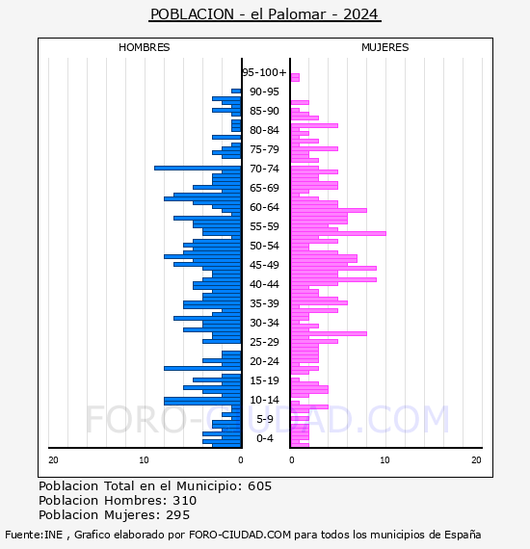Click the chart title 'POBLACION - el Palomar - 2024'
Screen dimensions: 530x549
coord(265,14)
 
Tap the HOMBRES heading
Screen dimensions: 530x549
coord(144,47)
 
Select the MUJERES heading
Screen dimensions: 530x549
coord(385,47)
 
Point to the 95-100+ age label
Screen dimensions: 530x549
coord(264,72)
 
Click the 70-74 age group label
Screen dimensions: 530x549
coord(264,169)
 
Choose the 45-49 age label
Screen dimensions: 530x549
coord(264,265)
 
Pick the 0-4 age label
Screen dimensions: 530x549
coord(264,438)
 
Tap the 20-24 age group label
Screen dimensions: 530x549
coord(264,361)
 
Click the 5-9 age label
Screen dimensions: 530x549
coord(264,419)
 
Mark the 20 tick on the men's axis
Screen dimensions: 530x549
coord(53,460)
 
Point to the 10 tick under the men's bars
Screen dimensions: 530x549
coord(144,460)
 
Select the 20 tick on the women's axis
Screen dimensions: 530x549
coord(476,460)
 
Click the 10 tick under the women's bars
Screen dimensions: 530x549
coord(384,460)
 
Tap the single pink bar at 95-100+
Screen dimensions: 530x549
coord(295,77)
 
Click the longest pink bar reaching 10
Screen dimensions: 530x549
coord(338,233)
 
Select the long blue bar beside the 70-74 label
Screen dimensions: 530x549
coord(198,168)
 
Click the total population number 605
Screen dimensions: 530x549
coord(259,486)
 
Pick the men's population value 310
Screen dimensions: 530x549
coord(185,500)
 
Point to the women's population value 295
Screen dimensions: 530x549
coord(177,515)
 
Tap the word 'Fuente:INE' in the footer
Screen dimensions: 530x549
coord(34,535)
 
